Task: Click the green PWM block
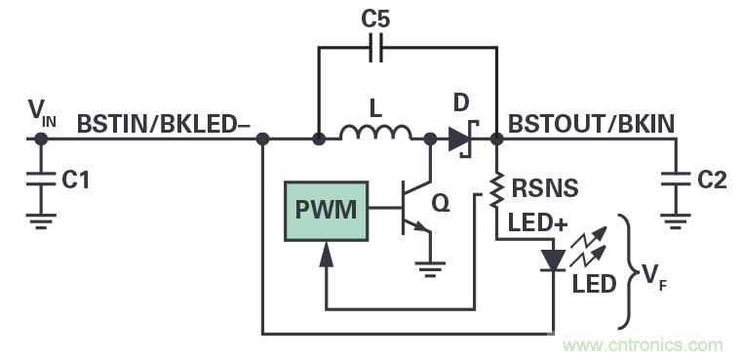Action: click(x=327, y=210)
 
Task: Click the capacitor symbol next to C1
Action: click(x=40, y=180)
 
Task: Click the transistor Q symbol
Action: click(x=414, y=209)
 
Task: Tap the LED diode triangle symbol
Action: click(x=553, y=260)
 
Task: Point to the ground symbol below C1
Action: click(x=40, y=221)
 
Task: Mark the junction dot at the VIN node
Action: click(x=40, y=139)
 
